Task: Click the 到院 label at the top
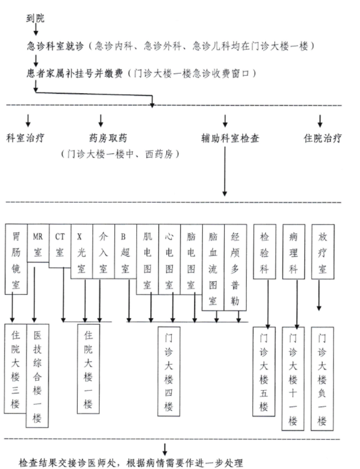click(x=35, y=17)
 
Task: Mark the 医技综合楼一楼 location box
click(x=38, y=376)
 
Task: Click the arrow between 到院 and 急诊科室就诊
click(x=35, y=32)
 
